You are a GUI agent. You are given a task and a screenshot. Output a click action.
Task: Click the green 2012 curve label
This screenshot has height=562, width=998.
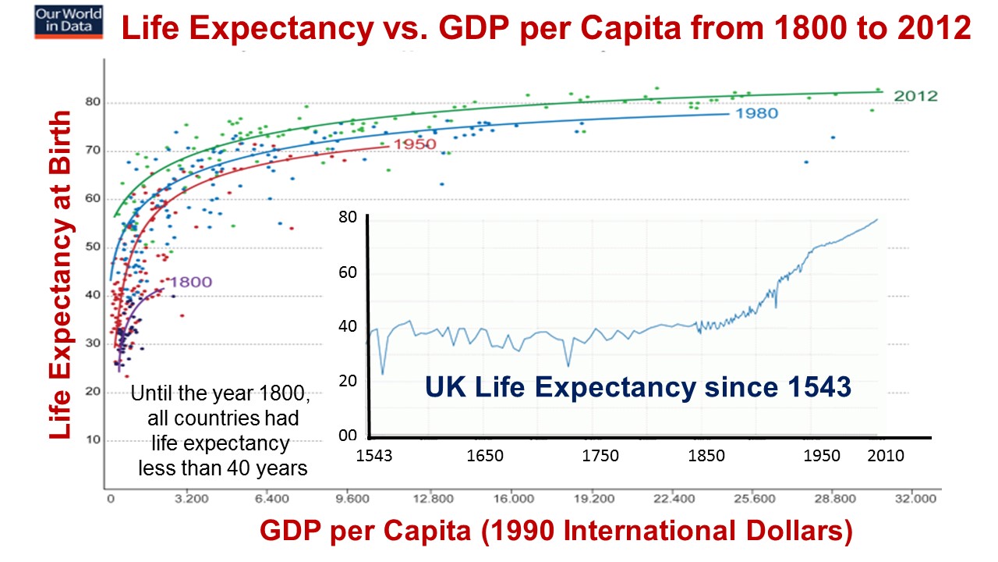915,96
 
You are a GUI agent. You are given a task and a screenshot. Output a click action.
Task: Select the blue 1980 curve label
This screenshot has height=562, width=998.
756,113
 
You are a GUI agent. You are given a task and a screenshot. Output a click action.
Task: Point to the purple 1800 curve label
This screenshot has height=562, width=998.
190,283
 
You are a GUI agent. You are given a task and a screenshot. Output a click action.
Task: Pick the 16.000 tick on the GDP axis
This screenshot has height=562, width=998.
512,496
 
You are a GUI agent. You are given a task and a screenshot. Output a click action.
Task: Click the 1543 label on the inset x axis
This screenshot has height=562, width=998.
374,456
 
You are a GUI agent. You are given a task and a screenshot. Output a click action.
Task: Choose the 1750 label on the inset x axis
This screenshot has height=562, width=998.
600,456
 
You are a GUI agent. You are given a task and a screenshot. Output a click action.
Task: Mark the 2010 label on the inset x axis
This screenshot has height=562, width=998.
885,456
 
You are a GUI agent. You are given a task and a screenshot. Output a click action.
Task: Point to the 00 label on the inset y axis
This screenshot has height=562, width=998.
347,436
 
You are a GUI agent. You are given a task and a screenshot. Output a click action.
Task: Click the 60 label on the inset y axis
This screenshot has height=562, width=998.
347,272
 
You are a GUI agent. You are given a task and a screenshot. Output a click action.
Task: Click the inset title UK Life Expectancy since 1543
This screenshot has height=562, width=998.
637,386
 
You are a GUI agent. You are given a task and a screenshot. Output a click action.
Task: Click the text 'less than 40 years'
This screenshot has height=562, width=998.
223,469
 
